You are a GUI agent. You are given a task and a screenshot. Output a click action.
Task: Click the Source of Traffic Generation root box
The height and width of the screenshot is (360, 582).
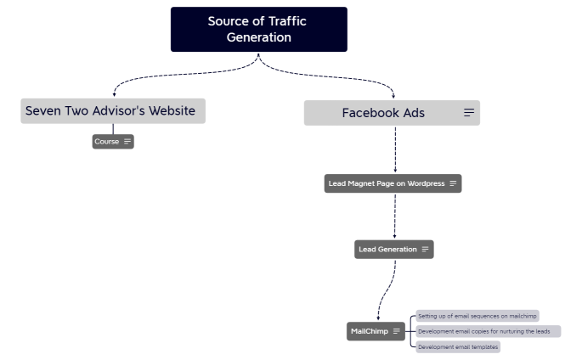[x=258, y=29]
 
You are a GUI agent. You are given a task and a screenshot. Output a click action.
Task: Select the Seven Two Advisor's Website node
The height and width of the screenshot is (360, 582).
[x=112, y=111]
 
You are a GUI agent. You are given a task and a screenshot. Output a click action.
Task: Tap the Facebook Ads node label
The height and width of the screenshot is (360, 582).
[x=383, y=113]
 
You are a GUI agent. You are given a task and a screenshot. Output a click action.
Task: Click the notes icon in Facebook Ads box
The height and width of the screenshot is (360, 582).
[x=469, y=113]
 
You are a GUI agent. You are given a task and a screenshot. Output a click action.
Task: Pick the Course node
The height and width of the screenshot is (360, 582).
[x=107, y=142]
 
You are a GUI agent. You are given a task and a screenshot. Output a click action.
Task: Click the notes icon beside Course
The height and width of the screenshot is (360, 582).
[x=127, y=142]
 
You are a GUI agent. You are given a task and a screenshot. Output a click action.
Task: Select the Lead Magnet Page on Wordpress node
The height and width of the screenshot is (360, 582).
[x=387, y=183]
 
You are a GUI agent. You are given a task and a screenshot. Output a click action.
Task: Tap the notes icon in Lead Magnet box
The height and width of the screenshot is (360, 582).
[x=454, y=183]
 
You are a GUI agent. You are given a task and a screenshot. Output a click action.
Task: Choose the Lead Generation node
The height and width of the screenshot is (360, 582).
[x=387, y=250]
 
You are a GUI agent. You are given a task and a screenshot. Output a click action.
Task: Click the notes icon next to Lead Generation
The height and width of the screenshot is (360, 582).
[x=425, y=250]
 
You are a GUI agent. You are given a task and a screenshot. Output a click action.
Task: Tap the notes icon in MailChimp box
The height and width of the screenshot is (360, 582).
[x=396, y=331]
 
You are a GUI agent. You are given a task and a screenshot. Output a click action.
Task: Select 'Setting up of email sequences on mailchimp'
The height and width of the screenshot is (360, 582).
[x=477, y=316]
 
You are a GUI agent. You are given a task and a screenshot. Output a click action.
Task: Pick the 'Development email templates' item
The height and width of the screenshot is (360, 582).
[x=458, y=346]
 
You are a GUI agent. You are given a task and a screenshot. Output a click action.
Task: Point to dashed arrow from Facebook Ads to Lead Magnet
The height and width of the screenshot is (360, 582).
[x=395, y=150]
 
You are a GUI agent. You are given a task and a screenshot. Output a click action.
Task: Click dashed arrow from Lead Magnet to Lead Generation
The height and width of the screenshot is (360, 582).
[x=394, y=217]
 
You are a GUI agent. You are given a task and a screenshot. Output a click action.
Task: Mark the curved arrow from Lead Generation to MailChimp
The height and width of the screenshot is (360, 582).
[x=387, y=289]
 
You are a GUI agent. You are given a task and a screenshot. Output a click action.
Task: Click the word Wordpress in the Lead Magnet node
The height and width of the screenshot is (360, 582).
[x=426, y=183]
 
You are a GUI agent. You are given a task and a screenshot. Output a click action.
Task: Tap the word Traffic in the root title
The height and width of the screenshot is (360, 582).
[x=285, y=21]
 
